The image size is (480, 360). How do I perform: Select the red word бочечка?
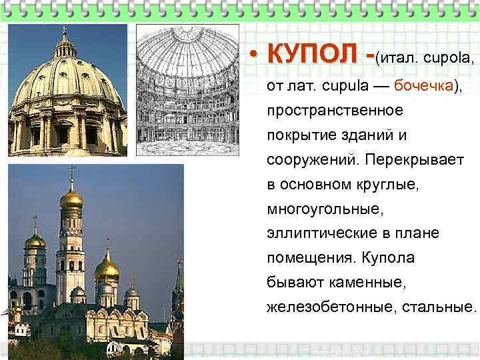[x=423, y=86]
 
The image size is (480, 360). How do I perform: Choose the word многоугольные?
[x=325, y=209]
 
